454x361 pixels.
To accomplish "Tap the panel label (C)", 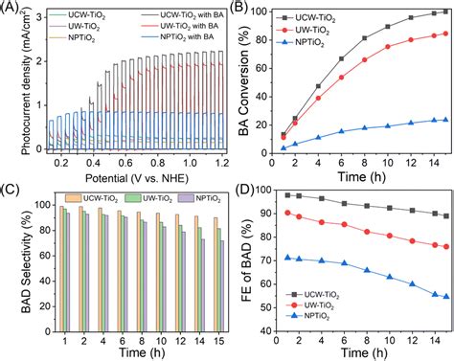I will click(x=12, y=183).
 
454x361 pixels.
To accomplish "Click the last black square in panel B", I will click(x=443, y=13).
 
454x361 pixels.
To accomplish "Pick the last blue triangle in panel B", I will click(x=443, y=120).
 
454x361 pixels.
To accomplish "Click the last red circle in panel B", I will click(x=443, y=34).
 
